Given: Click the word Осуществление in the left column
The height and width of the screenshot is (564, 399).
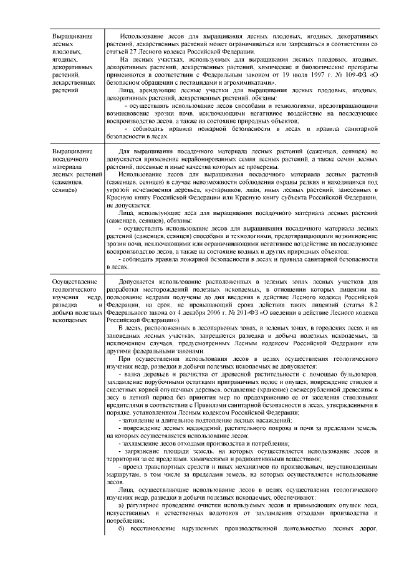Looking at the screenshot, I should (x=72, y=282).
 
